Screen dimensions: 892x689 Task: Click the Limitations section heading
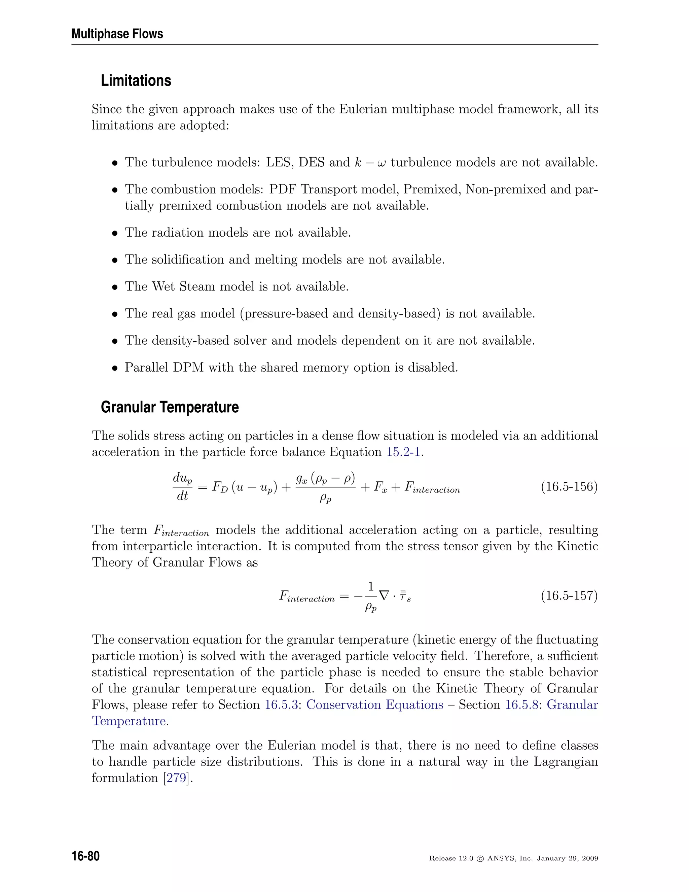pos(136,80)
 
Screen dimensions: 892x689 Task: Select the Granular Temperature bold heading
pos(170,407)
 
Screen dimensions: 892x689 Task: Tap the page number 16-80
pos(86,856)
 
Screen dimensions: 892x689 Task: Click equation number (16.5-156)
pos(569,487)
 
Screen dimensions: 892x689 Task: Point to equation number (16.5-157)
pos(569,595)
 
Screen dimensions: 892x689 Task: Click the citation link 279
pos(176,778)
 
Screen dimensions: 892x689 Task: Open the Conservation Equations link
pos(374,705)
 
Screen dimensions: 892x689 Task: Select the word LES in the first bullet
pos(279,163)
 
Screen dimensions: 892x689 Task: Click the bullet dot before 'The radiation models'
pos(115,233)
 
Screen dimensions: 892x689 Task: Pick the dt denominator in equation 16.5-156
pos(182,496)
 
